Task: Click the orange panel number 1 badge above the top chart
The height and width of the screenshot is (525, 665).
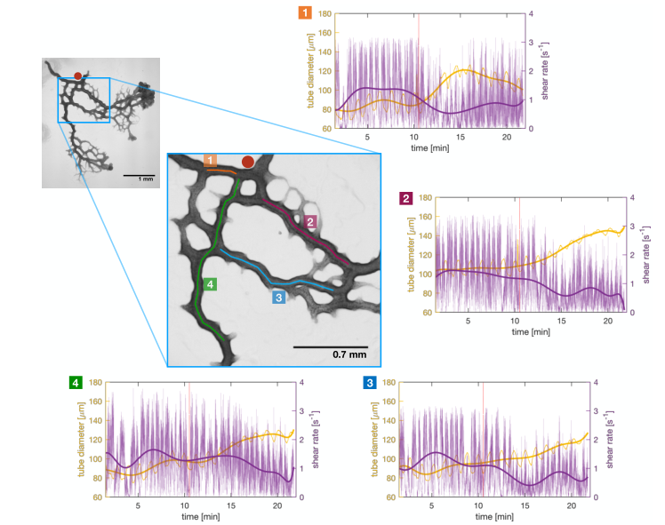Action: (x=305, y=13)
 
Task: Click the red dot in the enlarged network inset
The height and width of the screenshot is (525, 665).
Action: (x=247, y=163)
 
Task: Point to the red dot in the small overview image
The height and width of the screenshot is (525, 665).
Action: (x=78, y=76)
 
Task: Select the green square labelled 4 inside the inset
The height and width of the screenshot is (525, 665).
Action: (x=209, y=284)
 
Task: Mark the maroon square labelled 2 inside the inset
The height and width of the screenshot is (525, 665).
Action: (x=309, y=221)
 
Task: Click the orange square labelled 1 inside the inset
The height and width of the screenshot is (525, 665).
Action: (x=210, y=161)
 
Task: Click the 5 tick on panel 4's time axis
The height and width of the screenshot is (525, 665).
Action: (x=138, y=505)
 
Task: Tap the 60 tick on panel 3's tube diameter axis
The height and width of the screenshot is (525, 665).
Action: (x=389, y=497)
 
